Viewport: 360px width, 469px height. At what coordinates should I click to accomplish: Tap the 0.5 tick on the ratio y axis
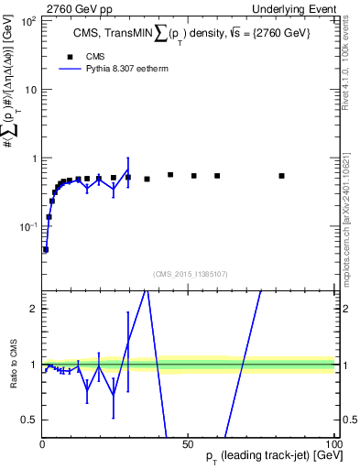point(29,420)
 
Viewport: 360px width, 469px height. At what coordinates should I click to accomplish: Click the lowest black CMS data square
point(45,249)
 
